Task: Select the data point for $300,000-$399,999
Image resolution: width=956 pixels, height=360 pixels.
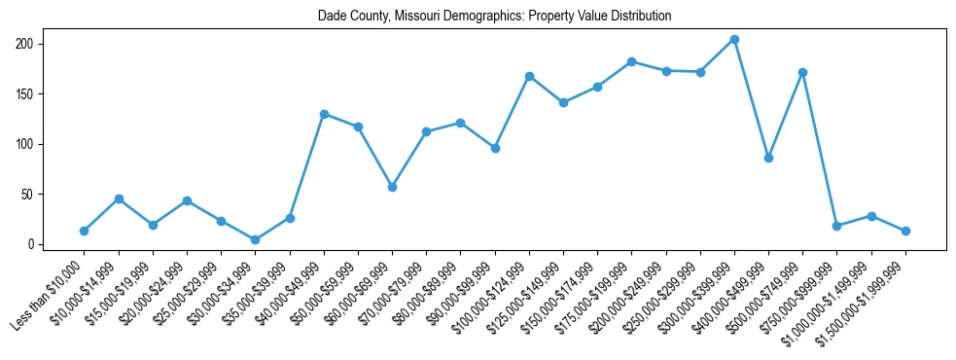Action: pos(734,40)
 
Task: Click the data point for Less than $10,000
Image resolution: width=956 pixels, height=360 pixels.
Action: pos(85,231)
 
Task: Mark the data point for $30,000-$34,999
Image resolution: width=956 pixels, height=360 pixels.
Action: pos(255,239)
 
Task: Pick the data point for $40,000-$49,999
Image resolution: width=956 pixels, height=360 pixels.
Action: pos(324,114)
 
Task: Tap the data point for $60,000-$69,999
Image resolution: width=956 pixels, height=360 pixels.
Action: pos(392,187)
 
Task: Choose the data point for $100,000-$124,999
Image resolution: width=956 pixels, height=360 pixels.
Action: pos(529,76)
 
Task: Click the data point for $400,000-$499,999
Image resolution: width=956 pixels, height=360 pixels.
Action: pos(768,158)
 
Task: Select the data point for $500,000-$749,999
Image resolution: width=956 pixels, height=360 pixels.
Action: pos(802,72)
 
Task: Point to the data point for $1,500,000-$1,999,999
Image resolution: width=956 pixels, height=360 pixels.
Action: pos(905,231)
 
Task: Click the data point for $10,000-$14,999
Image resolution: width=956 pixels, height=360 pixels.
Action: pos(119,198)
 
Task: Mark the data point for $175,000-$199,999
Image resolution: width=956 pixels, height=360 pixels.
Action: pos(631,61)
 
